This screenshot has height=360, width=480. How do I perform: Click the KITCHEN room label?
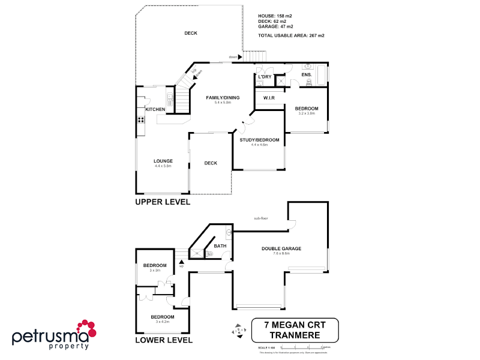tap(155, 109)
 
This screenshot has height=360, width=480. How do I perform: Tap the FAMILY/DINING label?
tap(223, 97)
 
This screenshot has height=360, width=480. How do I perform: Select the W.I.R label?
tap(269, 97)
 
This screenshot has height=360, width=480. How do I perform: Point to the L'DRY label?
tap(265, 77)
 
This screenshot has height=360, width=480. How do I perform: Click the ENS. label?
tap(306, 74)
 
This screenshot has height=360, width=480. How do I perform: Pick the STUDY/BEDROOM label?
tap(259, 140)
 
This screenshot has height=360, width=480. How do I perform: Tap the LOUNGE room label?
tap(163, 161)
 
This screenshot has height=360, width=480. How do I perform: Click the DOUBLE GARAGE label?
tap(281, 248)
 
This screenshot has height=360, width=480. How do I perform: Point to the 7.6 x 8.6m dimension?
tap(281, 254)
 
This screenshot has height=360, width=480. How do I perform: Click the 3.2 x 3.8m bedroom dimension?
tap(307, 113)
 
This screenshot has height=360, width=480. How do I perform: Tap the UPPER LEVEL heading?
tap(162, 202)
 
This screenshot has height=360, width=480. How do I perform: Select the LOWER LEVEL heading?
tap(163, 340)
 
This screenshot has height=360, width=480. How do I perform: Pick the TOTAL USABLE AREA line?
tap(291, 35)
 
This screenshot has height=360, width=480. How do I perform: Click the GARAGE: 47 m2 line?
tap(275, 26)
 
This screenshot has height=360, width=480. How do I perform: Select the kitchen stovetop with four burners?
tap(140, 119)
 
